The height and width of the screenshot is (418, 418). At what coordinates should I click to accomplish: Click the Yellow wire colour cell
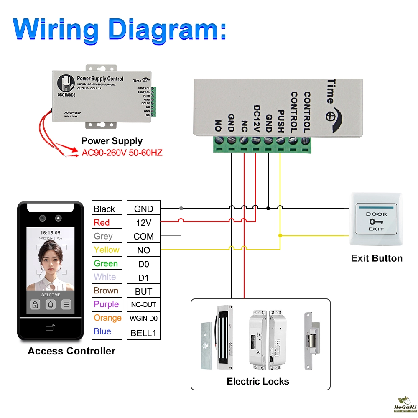107,250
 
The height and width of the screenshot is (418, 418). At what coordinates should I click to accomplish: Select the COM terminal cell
143,236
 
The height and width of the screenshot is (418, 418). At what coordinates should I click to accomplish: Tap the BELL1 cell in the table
143,333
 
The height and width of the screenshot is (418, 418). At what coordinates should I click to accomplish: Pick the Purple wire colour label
106,304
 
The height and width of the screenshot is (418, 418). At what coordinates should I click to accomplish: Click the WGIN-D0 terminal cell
143,318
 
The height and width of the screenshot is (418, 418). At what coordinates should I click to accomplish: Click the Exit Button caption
377,258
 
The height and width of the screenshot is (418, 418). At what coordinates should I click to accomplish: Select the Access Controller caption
71,351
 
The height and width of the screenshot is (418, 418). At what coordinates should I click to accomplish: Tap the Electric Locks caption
258,381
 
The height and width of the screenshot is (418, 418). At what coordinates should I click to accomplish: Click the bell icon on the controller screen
51,305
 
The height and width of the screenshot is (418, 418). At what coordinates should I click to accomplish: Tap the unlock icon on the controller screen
35,305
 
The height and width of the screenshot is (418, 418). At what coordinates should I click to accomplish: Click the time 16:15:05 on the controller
50,232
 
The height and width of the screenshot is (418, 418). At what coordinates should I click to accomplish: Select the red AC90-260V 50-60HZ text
122,153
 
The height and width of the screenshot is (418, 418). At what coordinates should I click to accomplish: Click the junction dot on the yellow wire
280,236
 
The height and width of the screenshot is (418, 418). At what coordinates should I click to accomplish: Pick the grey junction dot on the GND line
181,208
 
